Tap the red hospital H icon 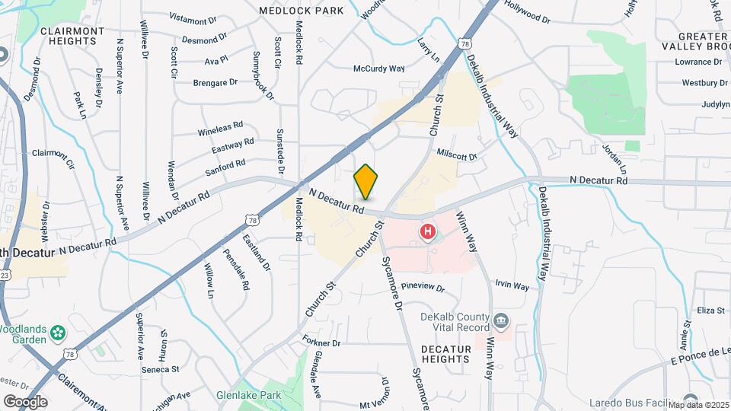pyautogui.click(x=428, y=231)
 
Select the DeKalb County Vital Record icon pyautogui.click(x=501, y=319)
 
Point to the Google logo pyautogui.click(x=24, y=402)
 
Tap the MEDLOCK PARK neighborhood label pyautogui.click(x=301, y=11)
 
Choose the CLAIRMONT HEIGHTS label pyautogui.click(x=72, y=36)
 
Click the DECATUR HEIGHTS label pyautogui.click(x=445, y=353)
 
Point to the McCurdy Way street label pyautogui.click(x=378, y=68)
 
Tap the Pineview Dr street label pyautogui.click(x=422, y=287)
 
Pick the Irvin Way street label pyautogui.click(x=512, y=286)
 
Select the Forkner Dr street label pyautogui.click(x=321, y=343)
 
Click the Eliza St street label pyautogui.click(x=710, y=311)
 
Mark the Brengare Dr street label pyautogui.click(x=215, y=82)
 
